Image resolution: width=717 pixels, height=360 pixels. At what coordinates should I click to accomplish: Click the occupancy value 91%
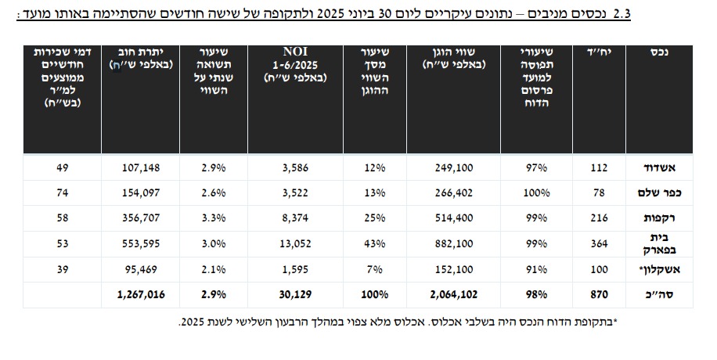coord(536,269)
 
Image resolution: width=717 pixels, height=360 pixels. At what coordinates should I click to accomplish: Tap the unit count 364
coord(599,243)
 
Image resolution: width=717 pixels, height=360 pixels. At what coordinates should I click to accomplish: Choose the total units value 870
coord(599,295)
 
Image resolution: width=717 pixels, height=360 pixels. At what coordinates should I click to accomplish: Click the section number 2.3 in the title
coord(690,13)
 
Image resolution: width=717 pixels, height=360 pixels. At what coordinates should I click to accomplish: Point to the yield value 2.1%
coord(214,269)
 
